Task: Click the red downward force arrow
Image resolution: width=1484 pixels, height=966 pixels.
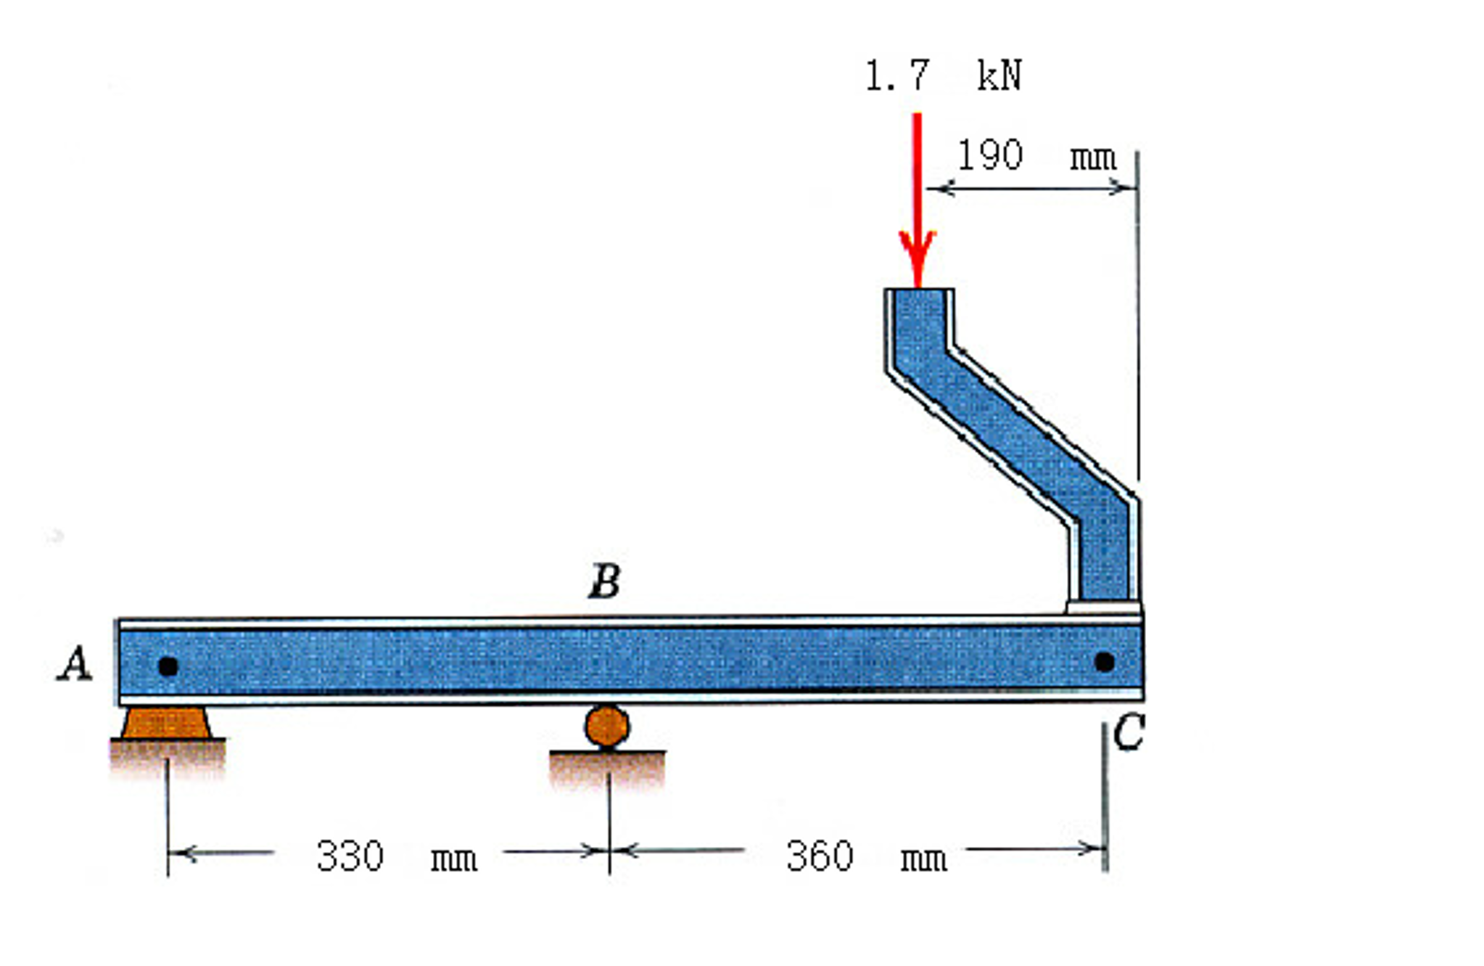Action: click(x=918, y=196)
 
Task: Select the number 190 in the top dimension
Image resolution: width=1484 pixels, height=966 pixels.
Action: click(x=990, y=155)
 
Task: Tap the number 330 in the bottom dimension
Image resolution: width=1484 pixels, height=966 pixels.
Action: click(x=350, y=856)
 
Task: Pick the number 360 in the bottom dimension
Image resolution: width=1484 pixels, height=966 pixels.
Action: click(x=820, y=856)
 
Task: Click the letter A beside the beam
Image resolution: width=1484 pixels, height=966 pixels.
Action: click(x=75, y=664)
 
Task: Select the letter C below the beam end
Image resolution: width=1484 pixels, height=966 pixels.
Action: click(x=1129, y=732)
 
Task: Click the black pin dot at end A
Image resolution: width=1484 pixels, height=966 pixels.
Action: click(x=168, y=666)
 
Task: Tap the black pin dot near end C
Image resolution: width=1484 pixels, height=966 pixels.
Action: click(x=1104, y=662)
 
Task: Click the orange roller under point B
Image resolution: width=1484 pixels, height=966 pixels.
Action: click(x=607, y=726)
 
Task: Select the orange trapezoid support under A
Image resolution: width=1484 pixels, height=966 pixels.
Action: click(x=166, y=723)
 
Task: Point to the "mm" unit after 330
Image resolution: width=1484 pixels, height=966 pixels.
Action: click(x=454, y=859)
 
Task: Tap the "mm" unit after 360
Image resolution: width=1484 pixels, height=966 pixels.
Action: click(x=923, y=859)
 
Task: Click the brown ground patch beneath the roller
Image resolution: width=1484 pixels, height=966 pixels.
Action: click(x=607, y=769)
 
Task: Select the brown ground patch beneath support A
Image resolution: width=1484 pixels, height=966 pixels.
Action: click(x=168, y=758)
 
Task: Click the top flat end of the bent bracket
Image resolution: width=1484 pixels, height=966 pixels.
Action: click(x=919, y=292)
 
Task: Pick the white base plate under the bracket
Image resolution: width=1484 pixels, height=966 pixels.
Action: click(x=1102, y=607)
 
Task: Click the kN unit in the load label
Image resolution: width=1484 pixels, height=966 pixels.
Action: click(x=999, y=75)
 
